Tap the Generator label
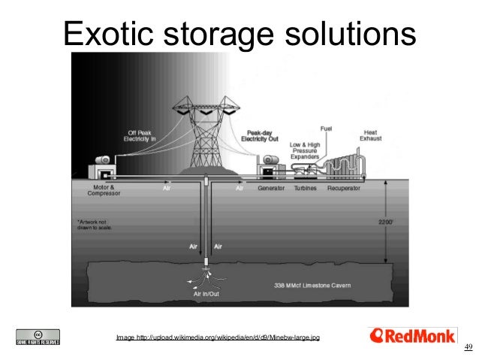point(271,189)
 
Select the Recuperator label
point(344,189)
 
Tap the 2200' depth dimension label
point(384,222)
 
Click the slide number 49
point(468,346)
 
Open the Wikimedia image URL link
point(218,337)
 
